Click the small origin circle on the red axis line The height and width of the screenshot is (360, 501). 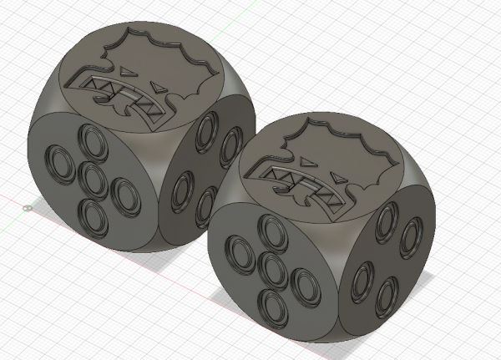click(28, 208)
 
